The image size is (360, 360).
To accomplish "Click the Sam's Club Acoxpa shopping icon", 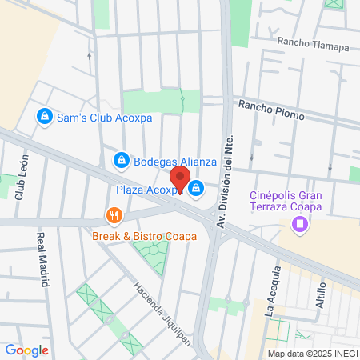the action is [x=46, y=117].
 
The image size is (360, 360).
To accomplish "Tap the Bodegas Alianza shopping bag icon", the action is [x=121, y=161].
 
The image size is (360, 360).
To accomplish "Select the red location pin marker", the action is [x=180, y=180].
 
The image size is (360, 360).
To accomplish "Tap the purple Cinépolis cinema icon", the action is [x=300, y=226].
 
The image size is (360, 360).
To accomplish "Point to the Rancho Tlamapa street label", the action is [x=313, y=45].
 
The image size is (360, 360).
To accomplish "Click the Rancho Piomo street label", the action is [x=271, y=110].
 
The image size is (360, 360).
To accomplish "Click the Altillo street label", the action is [x=322, y=295].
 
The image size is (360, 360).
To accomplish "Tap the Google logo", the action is [x=26, y=350].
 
